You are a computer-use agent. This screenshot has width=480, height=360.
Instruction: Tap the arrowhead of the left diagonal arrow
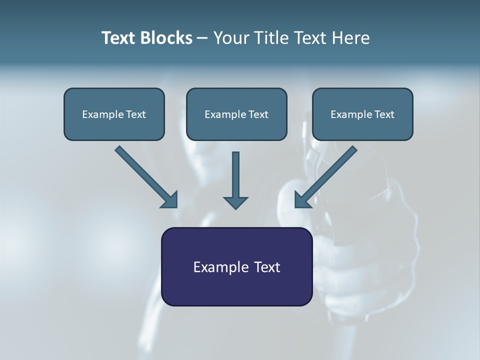pyautogui.click(x=170, y=200)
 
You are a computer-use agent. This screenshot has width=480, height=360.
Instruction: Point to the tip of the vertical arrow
pyautogui.click(x=235, y=207)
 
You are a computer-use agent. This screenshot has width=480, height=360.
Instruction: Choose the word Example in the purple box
pyautogui.click(x=220, y=267)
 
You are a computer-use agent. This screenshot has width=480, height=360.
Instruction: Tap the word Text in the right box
pyautogui.click(x=384, y=114)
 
